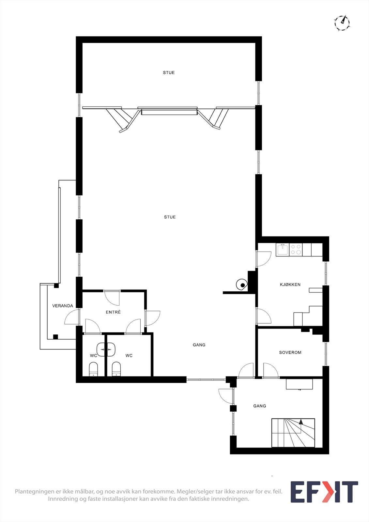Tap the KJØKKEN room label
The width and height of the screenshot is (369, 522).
click(x=290, y=284)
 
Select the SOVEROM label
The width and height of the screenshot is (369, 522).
click(x=290, y=352)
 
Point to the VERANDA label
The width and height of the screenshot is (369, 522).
click(x=63, y=306)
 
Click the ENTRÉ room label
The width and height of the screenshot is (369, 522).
click(x=113, y=312)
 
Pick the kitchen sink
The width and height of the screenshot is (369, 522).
click(x=283, y=250)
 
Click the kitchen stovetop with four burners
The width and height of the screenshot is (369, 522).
click(x=296, y=250)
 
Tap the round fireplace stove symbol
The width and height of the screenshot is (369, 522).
click(x=241, y=285)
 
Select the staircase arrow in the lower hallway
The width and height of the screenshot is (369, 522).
click(x=301, y=422)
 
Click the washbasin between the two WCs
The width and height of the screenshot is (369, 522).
click(x=106, y=349)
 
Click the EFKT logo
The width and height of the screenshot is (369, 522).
click(x=324, y=492)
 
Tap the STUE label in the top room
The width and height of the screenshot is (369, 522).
click(x=169, y=73)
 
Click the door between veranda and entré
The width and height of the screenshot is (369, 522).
click(x=72, y=317)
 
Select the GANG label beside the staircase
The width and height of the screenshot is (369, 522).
click(x=260, y=406)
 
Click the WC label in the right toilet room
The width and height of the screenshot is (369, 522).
click(x=129, y=356)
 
